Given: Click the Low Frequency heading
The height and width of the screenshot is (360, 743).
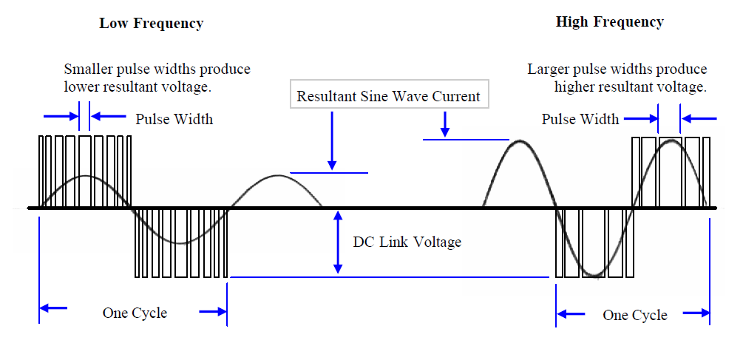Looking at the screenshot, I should click(x=151, y=23).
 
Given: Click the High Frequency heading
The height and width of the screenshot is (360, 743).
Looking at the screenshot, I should click(x=609, y=21).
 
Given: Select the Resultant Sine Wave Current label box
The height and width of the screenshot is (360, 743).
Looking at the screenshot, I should click(x=388, y=96).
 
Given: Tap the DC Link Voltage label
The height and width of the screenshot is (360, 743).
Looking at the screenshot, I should click(x=407, y=242).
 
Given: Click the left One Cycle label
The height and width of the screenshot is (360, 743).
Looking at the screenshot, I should click(x=135, y=313).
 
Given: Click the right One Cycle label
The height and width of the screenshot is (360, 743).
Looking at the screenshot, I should click(x=635, y=315).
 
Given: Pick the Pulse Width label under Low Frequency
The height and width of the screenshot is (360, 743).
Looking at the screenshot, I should click(x=174, y=118).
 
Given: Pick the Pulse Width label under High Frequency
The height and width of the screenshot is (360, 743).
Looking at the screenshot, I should click(x=580, y=119).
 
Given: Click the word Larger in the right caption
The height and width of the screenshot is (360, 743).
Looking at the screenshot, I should click(x=550, y=69).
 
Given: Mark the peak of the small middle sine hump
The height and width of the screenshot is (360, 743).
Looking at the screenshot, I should click(x=278, y=176).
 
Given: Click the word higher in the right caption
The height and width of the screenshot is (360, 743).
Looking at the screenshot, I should click(x=576, y=86).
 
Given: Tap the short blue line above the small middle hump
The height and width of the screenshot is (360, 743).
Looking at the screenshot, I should click(x=329, y=173).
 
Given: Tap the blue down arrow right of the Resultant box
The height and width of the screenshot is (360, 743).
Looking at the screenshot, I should click(x=445, y=123).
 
